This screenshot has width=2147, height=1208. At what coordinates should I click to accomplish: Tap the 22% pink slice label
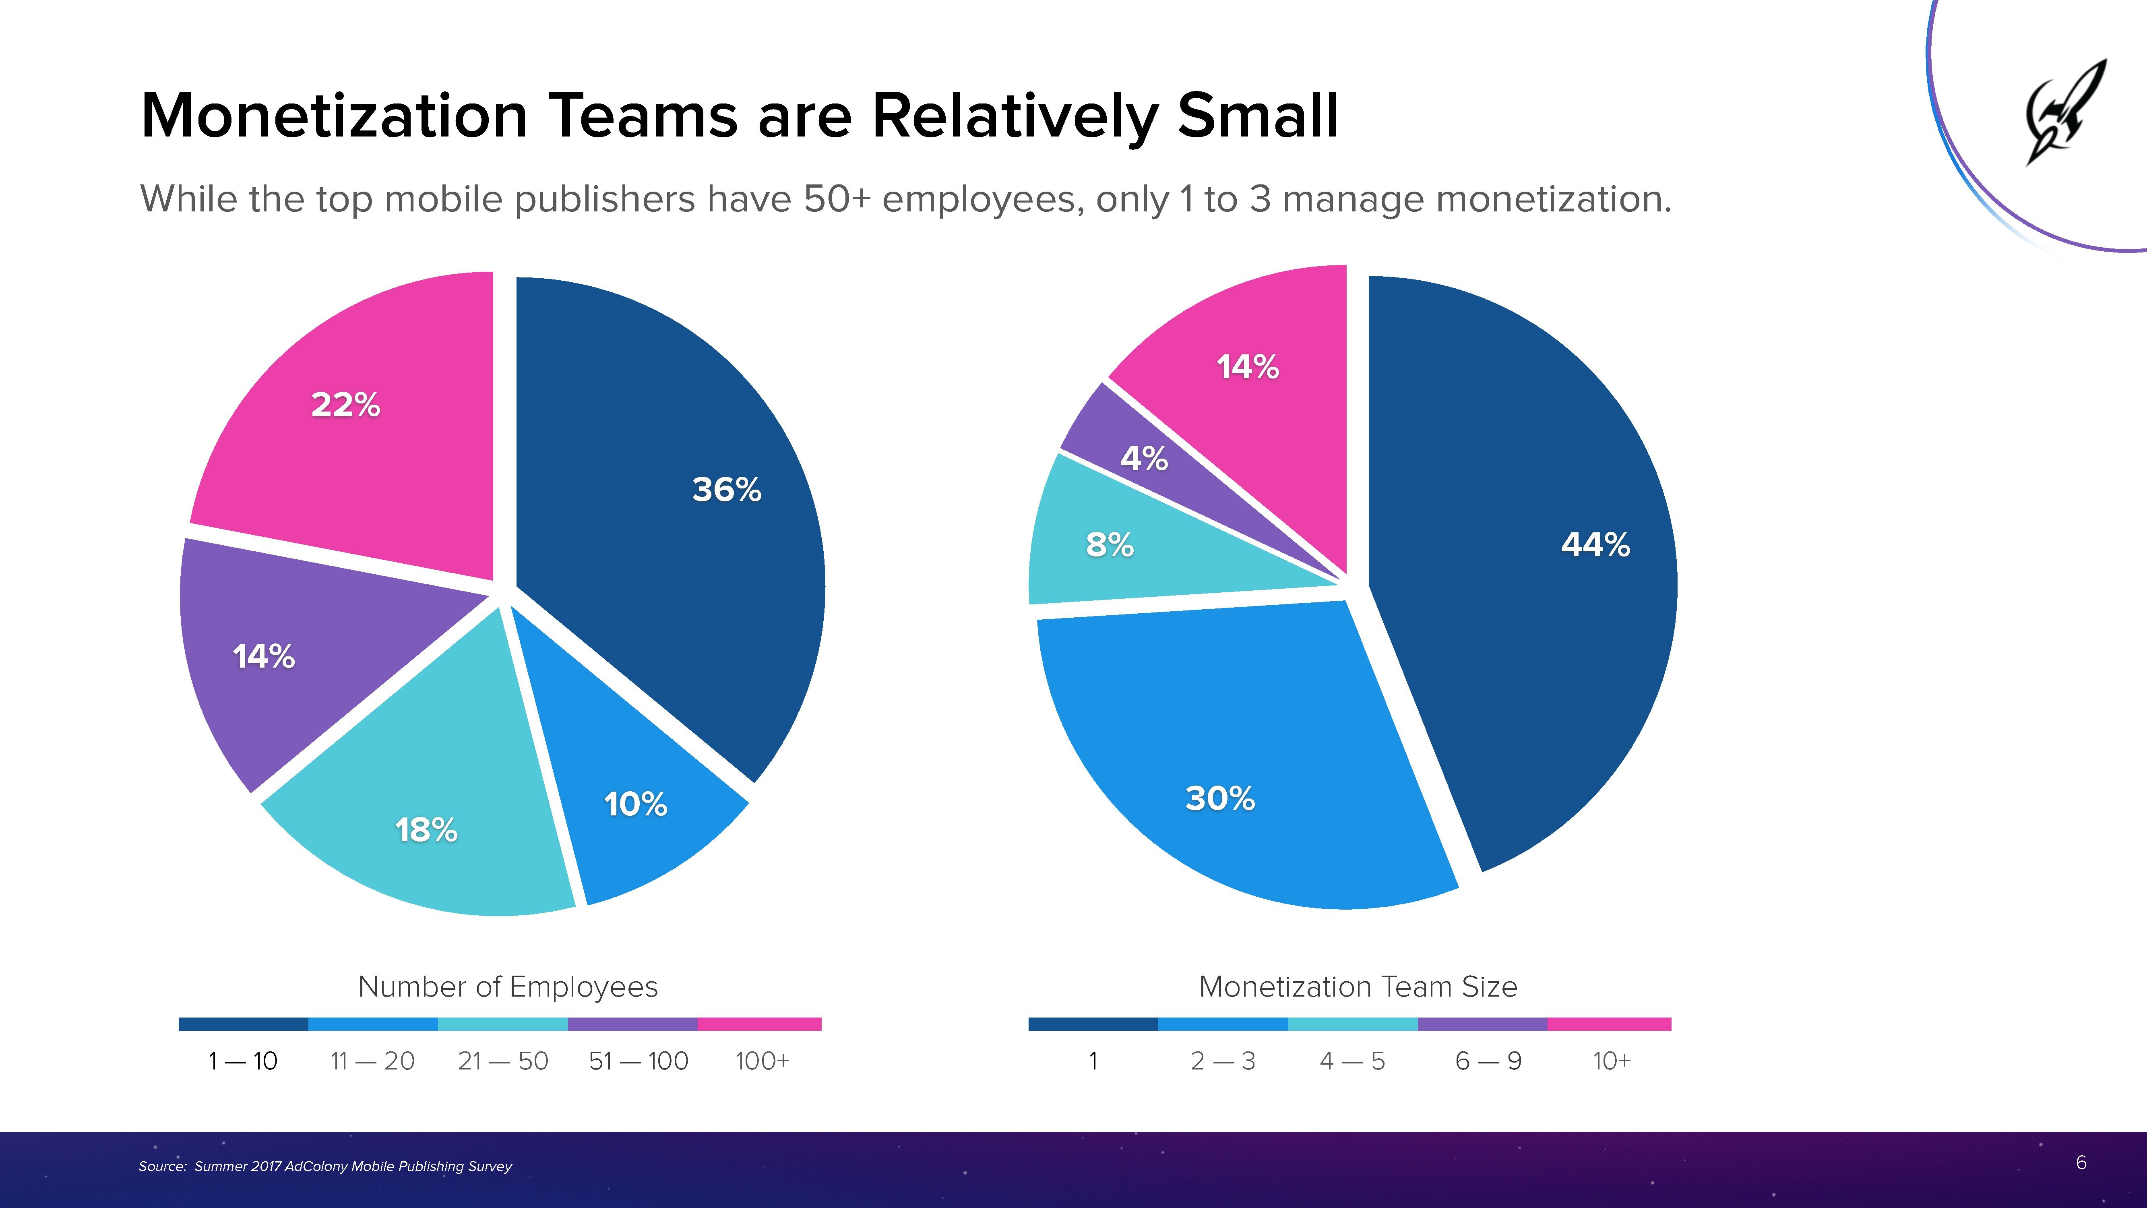point(345,405)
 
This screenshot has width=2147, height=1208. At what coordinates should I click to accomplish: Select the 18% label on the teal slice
point(426,830)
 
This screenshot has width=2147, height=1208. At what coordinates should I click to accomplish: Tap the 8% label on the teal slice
point(1110,545)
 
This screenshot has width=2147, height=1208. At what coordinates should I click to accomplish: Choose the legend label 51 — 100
point(639,1061)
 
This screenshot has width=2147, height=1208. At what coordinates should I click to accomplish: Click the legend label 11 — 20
point(372,1061)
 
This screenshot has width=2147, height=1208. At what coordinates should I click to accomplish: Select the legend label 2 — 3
point(1223,1061)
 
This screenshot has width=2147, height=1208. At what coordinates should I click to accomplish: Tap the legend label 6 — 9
point(1488,1061)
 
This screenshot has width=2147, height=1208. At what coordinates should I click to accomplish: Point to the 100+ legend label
point(762,1061)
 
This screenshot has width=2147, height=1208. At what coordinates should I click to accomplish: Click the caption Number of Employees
point(508,987)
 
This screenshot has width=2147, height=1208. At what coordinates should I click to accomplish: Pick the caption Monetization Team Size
point(1358,987)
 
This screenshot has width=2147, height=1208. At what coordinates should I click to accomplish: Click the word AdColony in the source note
point(317,1166)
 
